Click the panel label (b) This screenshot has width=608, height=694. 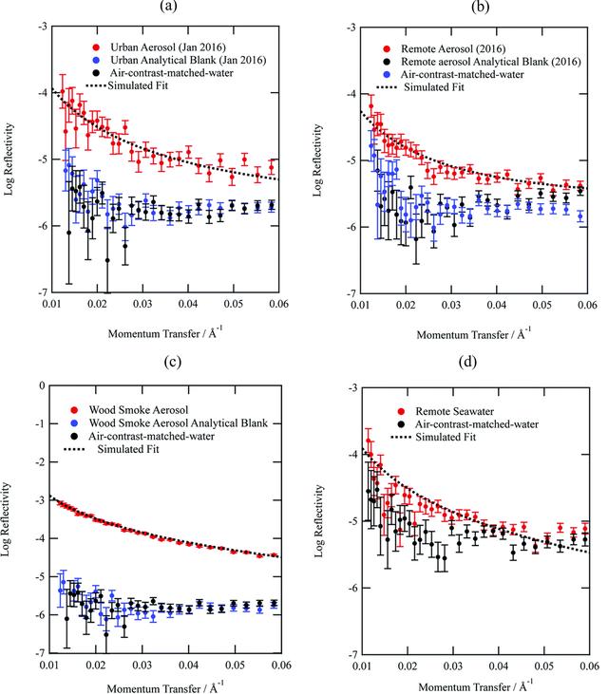(x=481, y=7)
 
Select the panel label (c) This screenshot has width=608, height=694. (x=172, y=362)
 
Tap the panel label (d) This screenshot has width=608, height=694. (x=468, y=362)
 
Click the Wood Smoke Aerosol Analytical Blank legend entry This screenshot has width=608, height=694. (x=178, y=423)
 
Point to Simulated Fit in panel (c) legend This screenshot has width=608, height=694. (x=128, y=449)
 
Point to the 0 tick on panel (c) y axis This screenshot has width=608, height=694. (x=42, y=385)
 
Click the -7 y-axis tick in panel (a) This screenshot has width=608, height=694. (x=43, y=292)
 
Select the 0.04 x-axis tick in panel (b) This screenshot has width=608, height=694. (x=497, y=305)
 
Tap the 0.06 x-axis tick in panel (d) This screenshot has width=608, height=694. (x=590, y=666)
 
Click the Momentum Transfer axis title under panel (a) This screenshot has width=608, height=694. (x=164, y=333)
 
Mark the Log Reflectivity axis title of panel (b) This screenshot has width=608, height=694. (x=317, y=160)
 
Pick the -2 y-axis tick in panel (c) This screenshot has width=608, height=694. (x=41, y=462)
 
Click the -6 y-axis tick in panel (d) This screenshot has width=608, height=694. (x=353, y=588)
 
